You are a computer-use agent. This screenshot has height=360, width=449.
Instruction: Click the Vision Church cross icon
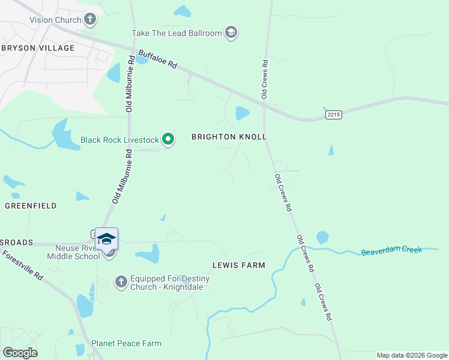(x=90, y=20)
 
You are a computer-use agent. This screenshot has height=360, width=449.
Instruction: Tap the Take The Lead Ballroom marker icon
(x=231, y=32)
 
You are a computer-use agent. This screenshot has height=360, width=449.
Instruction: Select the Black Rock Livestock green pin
(x=169, y=140)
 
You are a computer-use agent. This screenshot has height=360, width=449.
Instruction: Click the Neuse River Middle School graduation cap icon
(x=106, y=239)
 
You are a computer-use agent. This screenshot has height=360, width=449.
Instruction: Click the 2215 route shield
(x=334, y=114)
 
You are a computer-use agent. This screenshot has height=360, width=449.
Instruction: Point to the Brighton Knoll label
(x=229, y=137)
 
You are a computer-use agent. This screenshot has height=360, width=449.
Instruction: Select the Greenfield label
(x=31, y=206)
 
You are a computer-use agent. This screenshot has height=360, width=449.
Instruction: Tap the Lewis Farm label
(x=238, y=265)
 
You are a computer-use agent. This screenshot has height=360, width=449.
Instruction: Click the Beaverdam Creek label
(x=392, y=251)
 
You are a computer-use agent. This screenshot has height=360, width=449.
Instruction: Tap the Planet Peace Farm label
(x=126, y=343)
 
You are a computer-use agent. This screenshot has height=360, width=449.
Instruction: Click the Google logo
(x=20, y=353)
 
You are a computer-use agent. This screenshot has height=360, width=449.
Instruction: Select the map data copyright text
(x=412, y=355)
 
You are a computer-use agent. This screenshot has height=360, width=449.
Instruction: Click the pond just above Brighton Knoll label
(x=243, y=113)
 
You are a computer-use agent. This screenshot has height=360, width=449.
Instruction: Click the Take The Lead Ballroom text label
(x=177, y=33)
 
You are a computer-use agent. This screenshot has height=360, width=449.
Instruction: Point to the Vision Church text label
(x=55, y=20)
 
